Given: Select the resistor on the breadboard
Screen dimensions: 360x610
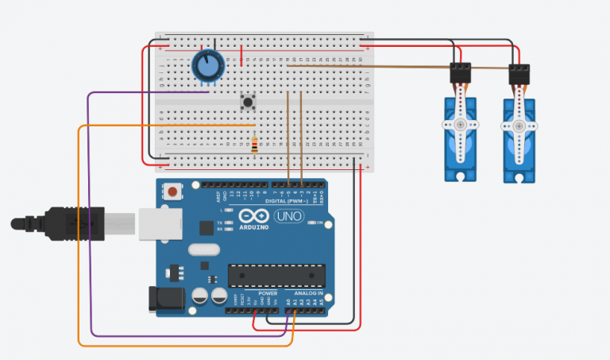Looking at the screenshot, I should point(254,145).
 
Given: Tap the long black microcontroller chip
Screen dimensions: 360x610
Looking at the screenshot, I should point(276,274).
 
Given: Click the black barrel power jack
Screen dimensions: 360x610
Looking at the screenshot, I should point(168,299).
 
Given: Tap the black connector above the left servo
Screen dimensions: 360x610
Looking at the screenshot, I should point(460,72).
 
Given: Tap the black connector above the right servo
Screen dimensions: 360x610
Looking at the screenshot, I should point(519,72).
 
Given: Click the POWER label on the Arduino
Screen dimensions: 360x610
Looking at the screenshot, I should point(268,293).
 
